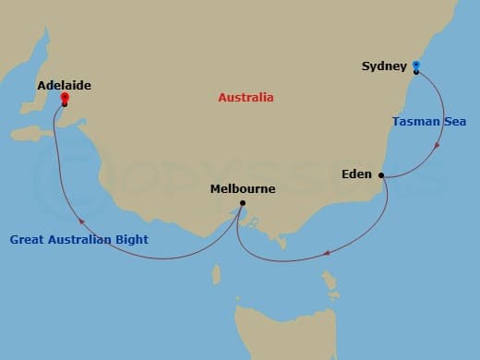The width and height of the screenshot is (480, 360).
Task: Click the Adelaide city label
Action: click(64, 85)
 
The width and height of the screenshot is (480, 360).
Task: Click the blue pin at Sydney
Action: click(416, 66)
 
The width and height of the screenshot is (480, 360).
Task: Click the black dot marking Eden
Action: click(380, 174)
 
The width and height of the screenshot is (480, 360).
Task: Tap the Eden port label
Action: click(355, 174)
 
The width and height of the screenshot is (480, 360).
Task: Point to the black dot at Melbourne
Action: click(242, 203)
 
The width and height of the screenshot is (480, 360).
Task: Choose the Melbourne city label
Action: click(243, 189)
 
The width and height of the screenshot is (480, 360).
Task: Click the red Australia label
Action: click(246, 97)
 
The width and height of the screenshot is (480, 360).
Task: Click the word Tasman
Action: click(412, 121)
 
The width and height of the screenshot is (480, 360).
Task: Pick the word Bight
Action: click(130, 240)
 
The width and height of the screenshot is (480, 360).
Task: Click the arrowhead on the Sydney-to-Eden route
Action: click(437, 144)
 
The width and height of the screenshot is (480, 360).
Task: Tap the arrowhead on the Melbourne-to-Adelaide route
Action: click(81, 221)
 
